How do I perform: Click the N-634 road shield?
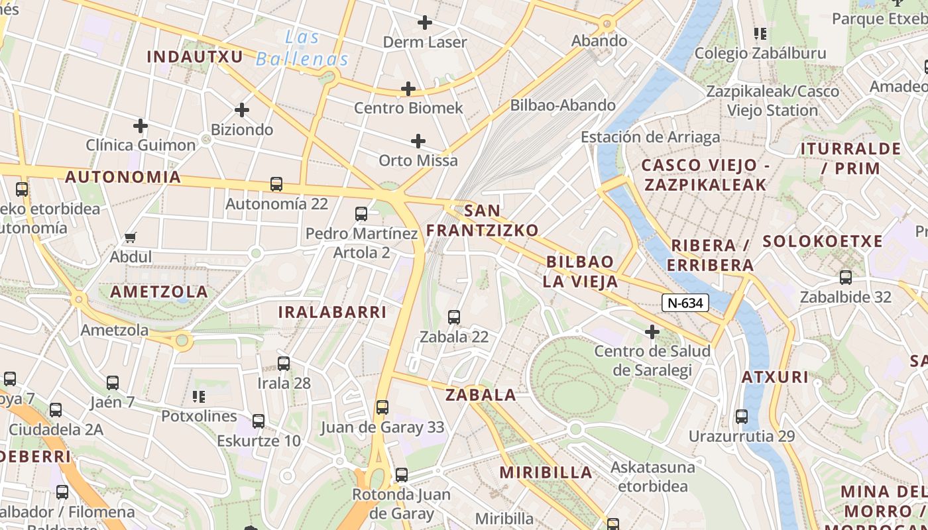[x=685, y=303]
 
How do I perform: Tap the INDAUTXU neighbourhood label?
[x=195, y=56]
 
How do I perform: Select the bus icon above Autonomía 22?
[x=276, y=184]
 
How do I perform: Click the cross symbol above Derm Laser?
[x=425, y=23]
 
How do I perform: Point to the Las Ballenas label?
[x=302, y=48]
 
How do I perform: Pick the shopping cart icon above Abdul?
[x=131, y=237]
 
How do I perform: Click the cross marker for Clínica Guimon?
[x=141, y=125]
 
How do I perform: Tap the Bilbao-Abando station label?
[x=563, y=105]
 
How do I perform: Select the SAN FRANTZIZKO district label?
[x=482, y=221]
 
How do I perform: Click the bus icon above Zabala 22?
[x=454, y=317]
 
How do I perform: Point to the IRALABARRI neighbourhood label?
[x=332, y=312]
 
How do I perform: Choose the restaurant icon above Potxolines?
[x=199, y=397]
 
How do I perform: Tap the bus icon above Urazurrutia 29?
[x=742, y=417]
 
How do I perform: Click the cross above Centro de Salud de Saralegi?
[x=652, y=331]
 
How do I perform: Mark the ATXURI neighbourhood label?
[x=775, y=377]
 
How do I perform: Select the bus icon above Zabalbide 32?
[x=846, y=278]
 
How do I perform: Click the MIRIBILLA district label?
[x=546, y=472]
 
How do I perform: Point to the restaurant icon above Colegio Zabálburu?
[x=760, y=33]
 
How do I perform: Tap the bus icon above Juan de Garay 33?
[x=382, y=407]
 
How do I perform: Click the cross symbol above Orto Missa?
[x=418, y=140]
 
